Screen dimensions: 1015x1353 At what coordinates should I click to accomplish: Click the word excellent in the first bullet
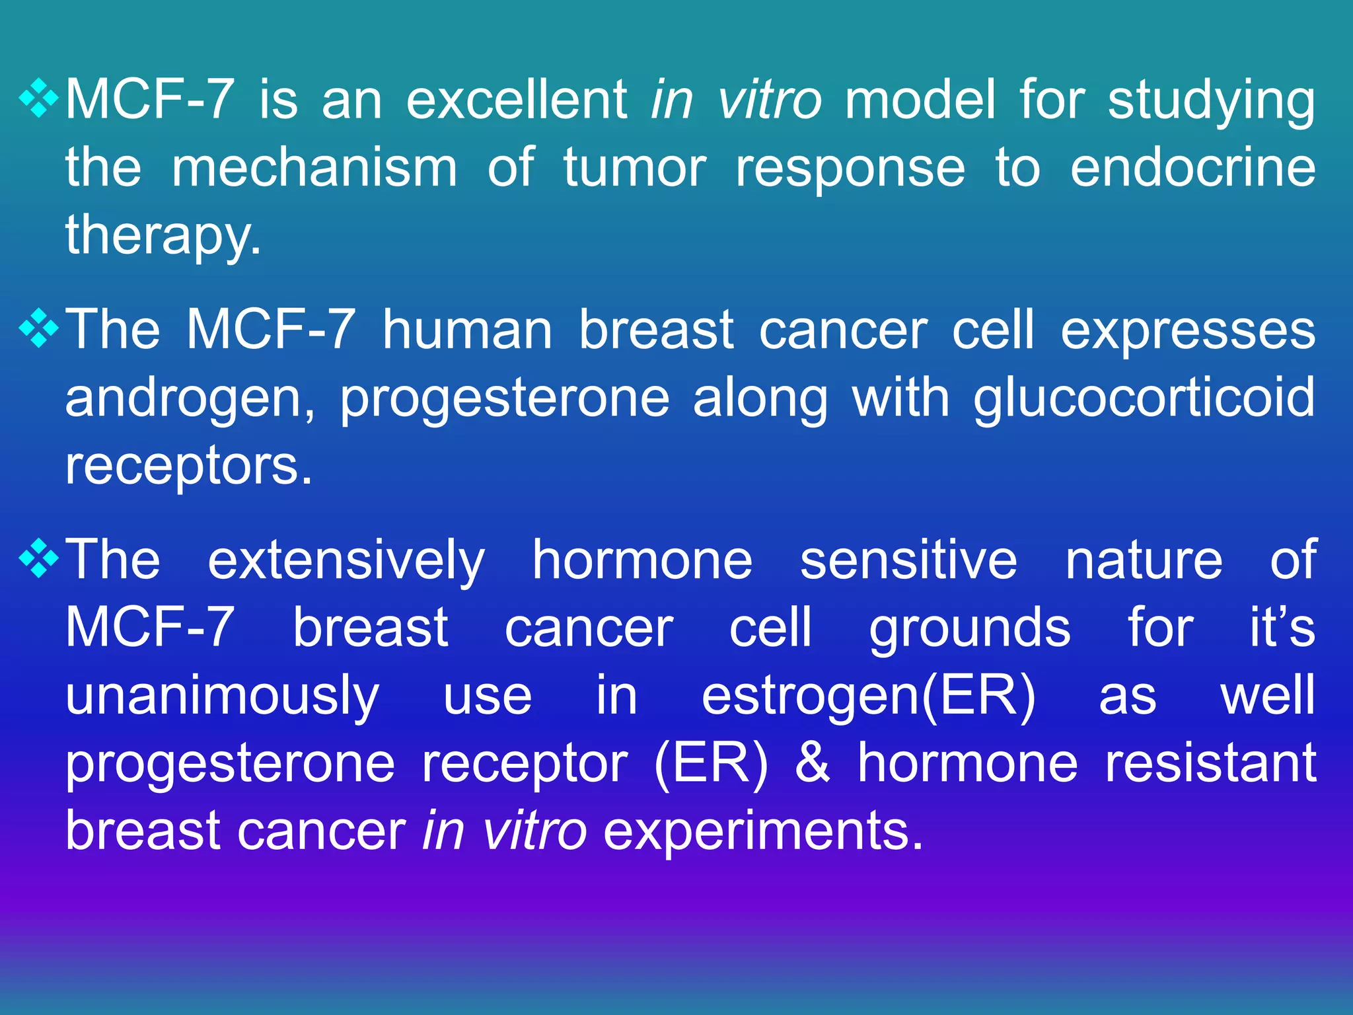[x=517, y=100]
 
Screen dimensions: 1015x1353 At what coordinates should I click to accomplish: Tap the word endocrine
[x=1192, y=168]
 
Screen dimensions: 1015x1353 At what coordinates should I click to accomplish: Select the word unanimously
[x=222, y=698]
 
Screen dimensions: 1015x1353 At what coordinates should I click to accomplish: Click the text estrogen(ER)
[x=868, y=696]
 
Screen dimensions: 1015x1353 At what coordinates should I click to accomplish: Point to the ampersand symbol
[x=812, y=763]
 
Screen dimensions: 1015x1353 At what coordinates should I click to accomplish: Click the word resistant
[x=1210, y=763]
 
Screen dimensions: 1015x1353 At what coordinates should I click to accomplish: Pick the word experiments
[x=762, y=831]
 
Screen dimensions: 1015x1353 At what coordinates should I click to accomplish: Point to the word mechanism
[x=314, y=168]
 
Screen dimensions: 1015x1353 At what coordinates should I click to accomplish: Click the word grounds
[x=969, y=630]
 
